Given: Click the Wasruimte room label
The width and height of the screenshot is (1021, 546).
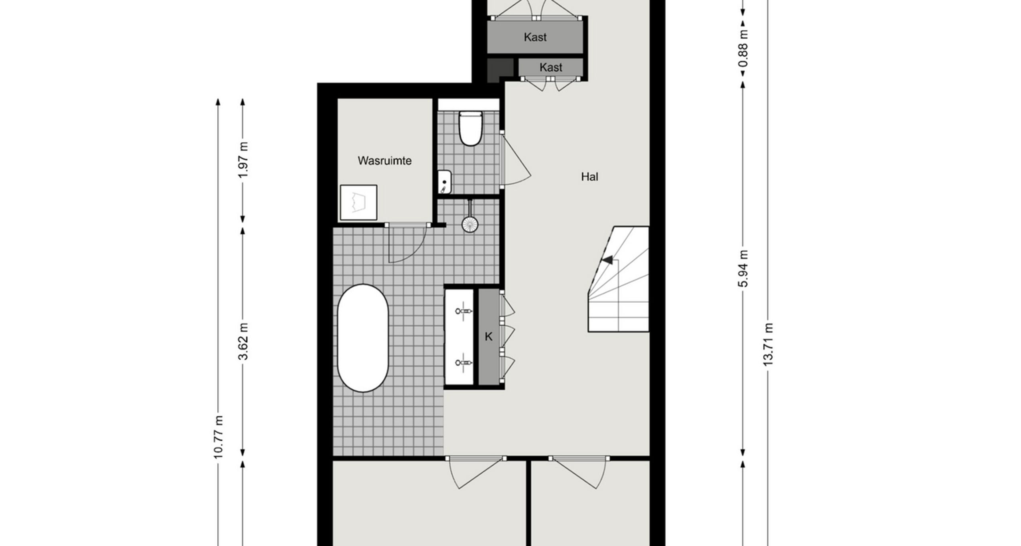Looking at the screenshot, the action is [x=384, y=161].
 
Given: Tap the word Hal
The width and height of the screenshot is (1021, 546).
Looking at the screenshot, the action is [x=589, y=177].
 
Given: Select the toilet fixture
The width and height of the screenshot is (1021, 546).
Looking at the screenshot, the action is [x=471, y=128].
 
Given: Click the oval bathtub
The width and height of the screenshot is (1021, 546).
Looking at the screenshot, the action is [x=363, y=338].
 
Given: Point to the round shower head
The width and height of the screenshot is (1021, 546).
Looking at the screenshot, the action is [x=470, y=224].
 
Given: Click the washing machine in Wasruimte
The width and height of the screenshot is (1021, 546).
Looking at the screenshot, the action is [x=359, y=203].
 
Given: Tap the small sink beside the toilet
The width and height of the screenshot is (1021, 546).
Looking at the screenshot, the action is [x=444, y=182].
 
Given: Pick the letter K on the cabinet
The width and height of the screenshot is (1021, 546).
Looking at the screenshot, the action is [x=489, y=337].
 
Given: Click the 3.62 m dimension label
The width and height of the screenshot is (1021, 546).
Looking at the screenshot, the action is [x=243, y=341].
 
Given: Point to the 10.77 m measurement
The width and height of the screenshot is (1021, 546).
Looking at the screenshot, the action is [x=218, y=437].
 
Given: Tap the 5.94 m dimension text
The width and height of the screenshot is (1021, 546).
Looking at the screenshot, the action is [x=743, y=268].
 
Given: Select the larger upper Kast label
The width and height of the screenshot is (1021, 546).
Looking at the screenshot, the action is [x=535, y=37].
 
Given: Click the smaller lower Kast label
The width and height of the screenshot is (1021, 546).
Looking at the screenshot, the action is [x=551, y=67].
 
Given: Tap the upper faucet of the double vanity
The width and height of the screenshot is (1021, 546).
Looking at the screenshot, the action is [x=464, y=311].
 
